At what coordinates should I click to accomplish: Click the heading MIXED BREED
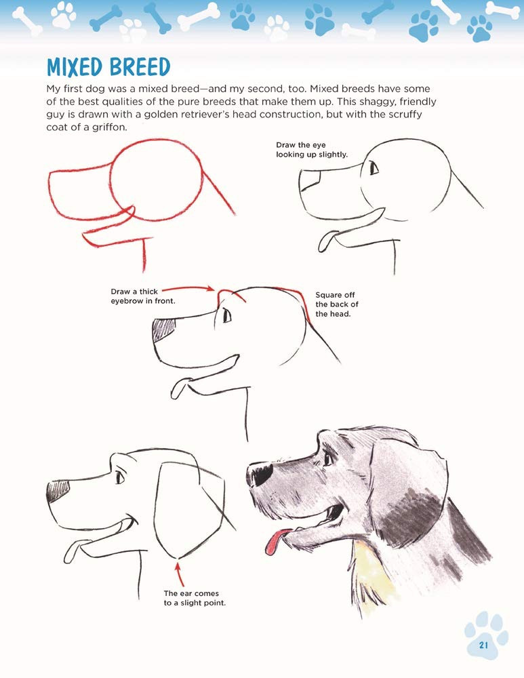point(108,67)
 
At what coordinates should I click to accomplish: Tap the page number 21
point(483,645)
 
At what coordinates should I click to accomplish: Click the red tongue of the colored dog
point(276,541)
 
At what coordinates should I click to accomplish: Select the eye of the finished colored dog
point(329,458)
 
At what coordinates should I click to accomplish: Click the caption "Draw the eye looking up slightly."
point(312,150)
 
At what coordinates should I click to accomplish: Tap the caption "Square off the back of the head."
point(337,304)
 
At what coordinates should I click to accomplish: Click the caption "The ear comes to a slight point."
point(195,598)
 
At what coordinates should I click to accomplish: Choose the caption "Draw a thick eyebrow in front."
point(142,296)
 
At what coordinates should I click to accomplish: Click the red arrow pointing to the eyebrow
point(188,287)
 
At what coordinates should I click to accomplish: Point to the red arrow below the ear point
point(180,572)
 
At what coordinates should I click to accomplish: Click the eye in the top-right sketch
point(374,167)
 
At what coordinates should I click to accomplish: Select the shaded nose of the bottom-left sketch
point(58,491)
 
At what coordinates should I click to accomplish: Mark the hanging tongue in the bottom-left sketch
point(72,552)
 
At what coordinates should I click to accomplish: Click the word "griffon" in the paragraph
point(109,128)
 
